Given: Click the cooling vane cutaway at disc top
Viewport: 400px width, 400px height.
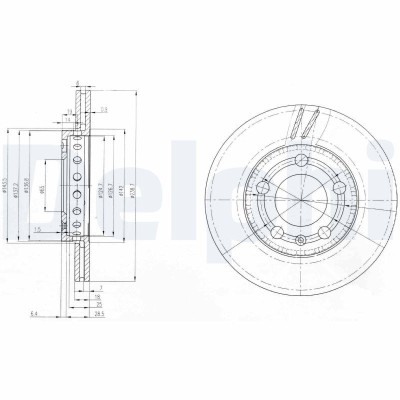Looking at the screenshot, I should (x=305, y=122).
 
